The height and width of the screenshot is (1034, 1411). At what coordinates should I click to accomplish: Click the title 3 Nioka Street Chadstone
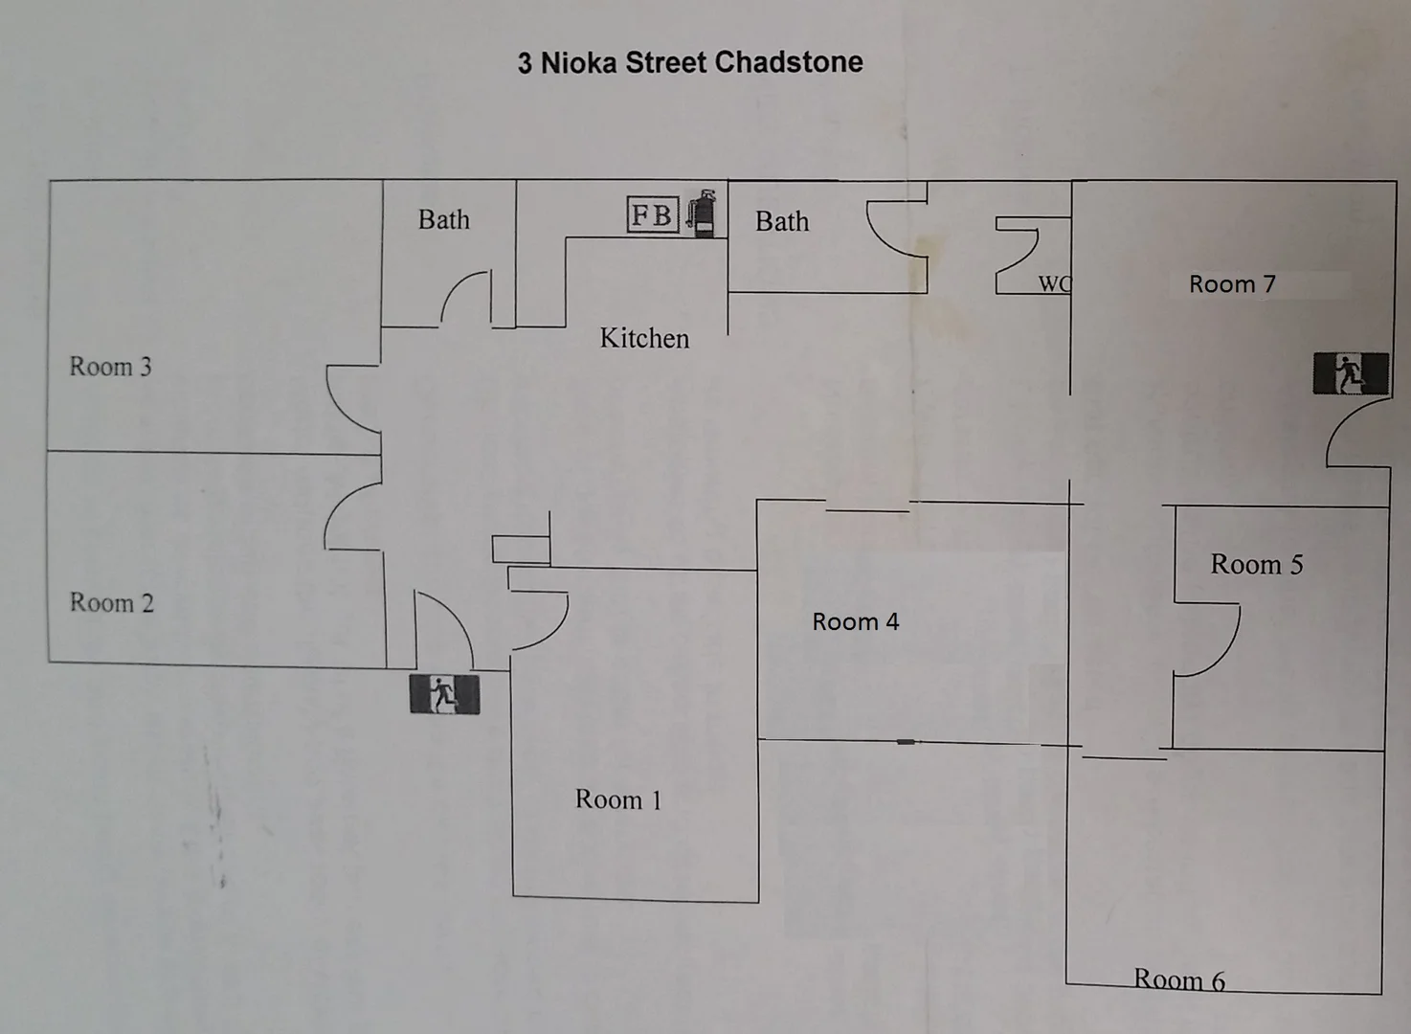[x=690, y=62]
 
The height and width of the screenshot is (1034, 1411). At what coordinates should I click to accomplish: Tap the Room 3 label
[x=110, y=367]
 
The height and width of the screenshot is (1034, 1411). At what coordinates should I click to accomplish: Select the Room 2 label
[x=111, y=602]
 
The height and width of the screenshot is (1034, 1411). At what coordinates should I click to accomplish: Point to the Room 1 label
[x=618, y=799]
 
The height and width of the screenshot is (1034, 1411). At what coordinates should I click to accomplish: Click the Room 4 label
[x=855, y=621]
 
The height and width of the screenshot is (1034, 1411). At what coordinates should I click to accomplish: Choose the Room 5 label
[x=1256, y=564]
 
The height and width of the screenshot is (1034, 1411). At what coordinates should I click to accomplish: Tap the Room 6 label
[x=1178, y=978]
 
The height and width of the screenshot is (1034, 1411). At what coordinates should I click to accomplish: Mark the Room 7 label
[x=1232, y=283]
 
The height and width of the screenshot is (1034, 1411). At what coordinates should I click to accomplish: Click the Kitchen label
[x=644, y=338]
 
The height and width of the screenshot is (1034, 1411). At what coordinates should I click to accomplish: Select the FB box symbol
[x=653, y=214]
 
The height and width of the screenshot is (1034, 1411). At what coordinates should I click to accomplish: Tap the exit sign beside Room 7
[x=1351, y=372]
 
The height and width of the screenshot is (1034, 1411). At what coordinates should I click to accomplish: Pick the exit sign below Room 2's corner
[x=444, y=694]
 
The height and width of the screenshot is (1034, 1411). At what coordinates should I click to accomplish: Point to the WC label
[x=1054, y=283]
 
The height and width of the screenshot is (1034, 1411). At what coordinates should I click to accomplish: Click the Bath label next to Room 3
[x=444, y=219]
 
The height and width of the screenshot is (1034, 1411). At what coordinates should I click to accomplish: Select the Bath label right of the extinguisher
[x=782, y=221]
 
